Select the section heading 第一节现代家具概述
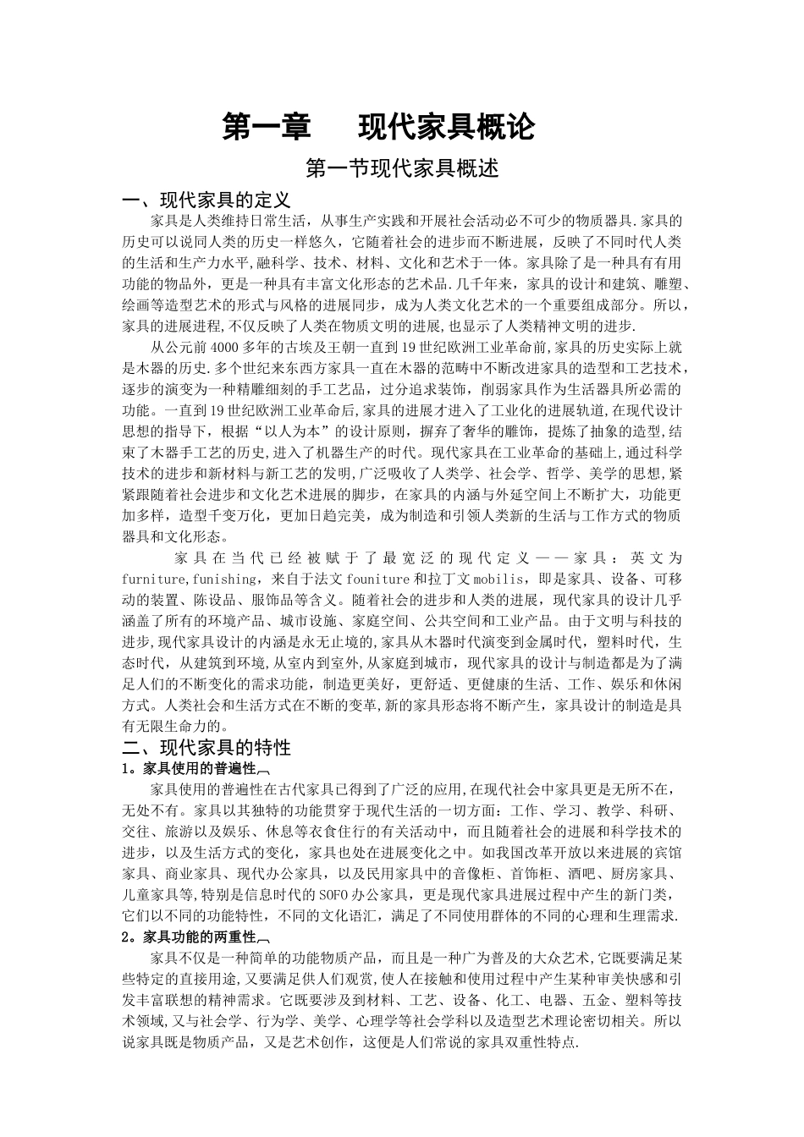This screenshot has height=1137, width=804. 401,168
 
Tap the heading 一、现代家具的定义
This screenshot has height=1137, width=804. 207,200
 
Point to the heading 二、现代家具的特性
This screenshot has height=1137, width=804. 207,747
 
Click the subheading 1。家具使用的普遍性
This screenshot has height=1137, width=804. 191,768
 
